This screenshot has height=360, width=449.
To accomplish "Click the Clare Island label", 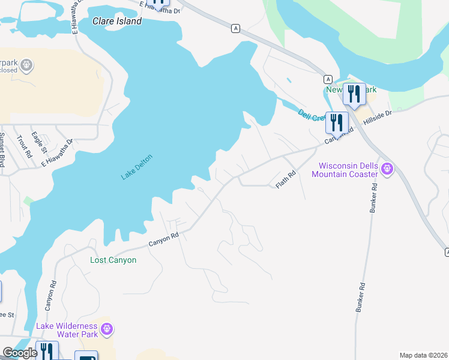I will pos(117,21).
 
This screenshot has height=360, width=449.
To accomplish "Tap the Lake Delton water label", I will pos(137,167).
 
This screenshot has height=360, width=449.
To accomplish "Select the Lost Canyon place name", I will pos(113,260).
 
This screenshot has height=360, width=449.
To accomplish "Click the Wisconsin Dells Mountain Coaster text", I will pos(348,170).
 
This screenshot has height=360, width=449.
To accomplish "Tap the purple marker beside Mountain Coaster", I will pos(388,169).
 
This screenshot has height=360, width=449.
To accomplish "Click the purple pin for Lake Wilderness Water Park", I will pos(107,329).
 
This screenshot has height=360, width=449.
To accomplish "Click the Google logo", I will pos(20,353).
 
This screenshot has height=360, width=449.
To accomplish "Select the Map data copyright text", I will pos(424,355).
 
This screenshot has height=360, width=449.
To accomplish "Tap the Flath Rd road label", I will pos(286,180).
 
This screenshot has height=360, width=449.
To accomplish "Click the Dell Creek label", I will pos(310,114).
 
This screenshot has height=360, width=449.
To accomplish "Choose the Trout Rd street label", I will pos(26,145).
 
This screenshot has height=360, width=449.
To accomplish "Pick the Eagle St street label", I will pos(40,142).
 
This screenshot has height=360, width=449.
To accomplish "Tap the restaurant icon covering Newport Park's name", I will pos(354,94).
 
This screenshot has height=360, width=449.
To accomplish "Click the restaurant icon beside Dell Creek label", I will pos(336,122).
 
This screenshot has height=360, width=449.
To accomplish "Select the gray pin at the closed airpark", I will pos(26,64).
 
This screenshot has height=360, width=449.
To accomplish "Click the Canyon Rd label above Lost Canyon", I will pos(164,239).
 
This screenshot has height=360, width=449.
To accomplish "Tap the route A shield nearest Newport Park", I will pos(328,79).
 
